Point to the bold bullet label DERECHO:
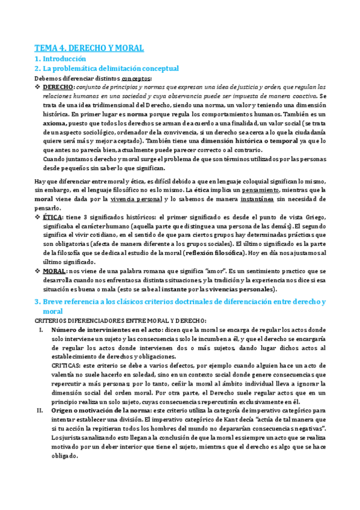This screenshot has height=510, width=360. click(x=58, y=87)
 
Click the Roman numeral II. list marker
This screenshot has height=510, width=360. click(x=40, y=410)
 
